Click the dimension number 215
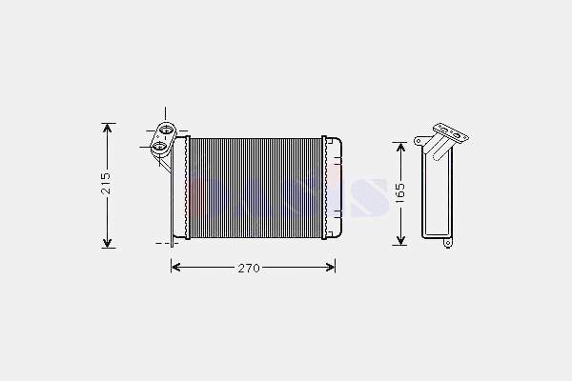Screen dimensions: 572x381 point(106,182)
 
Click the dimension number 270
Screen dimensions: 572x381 point(249,269)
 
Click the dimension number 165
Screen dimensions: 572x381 point(399,193)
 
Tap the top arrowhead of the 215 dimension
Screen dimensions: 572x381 point(107,129)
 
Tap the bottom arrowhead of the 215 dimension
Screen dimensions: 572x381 point(107,243)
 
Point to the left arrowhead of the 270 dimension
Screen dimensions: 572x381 point(176,268)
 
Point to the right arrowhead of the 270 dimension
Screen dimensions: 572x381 point(330,268)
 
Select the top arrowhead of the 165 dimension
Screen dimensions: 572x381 point(401,148)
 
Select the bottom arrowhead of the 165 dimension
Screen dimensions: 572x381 point(401,239)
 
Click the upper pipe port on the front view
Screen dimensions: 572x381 point(166,130)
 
